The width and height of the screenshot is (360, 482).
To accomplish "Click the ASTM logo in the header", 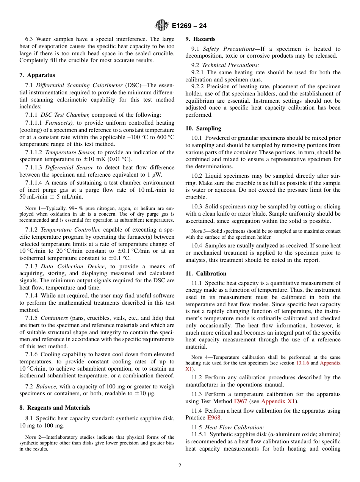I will coord(162,26).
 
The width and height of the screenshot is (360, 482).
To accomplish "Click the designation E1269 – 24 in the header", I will coord(189,26).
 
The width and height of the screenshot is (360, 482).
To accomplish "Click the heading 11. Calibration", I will coord(206,274).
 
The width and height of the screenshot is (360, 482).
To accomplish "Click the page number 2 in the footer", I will coord(180,466).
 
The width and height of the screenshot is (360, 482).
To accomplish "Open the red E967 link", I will coord(240,401).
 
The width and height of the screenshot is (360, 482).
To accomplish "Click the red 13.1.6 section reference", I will coord(302,363).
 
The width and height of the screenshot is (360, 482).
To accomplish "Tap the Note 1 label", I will coord(32,208).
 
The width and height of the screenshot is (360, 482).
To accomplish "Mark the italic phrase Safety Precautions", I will coord(228,49).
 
